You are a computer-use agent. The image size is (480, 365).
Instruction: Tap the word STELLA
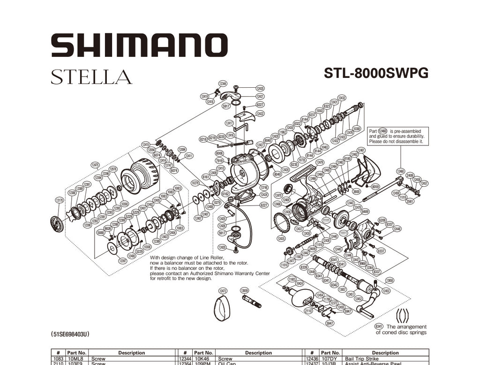(x=91, y=76)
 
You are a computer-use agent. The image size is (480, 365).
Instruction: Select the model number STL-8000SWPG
(x=376, y=74)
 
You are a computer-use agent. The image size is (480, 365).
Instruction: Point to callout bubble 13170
(x=60, y=200)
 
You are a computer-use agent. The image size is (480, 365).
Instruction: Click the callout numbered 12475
(x=95, y=165)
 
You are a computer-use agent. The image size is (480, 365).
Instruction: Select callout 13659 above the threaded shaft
(x=244, y=291)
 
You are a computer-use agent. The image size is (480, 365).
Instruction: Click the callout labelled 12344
(x=223, y=84)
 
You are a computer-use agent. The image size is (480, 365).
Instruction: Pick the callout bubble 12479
(x=320, y=162)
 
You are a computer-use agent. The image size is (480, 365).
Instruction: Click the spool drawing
(x=140, y=175)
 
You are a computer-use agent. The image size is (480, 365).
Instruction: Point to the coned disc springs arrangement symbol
(x=401, y=315)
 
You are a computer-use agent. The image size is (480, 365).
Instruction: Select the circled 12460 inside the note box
(x=383, y=131)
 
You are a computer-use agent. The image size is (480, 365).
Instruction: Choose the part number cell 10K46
(x=203, y=359)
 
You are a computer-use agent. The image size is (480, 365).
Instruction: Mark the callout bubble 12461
(x=361, y=150)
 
